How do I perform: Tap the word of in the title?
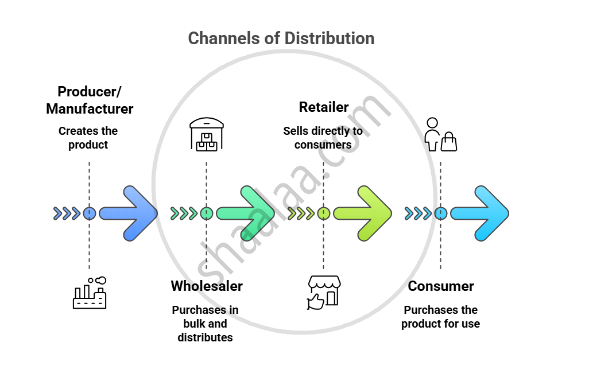tap(272, 38)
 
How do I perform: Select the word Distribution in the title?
tap(330, 38)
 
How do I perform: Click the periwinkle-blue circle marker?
tap(89, 213)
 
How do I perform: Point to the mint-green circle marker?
tap(207, 213)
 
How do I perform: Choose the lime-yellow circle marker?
tap(324, 213)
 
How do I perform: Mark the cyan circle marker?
tap(441, 213)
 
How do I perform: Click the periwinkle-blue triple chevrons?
tap(67, 213)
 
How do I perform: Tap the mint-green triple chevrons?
tap(184, 213)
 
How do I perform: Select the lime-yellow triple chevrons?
tap(301, 213)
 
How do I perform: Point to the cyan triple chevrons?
tap(418, 213)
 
